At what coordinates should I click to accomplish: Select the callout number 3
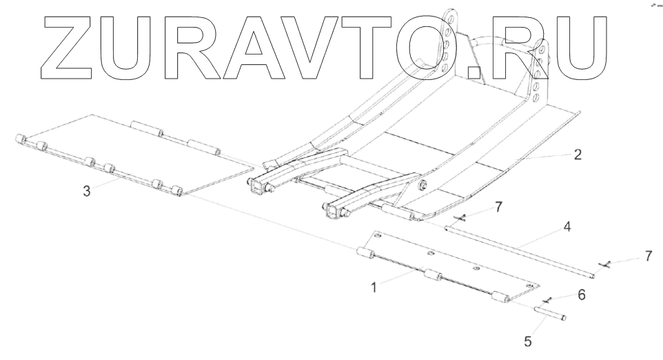[86, 191]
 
